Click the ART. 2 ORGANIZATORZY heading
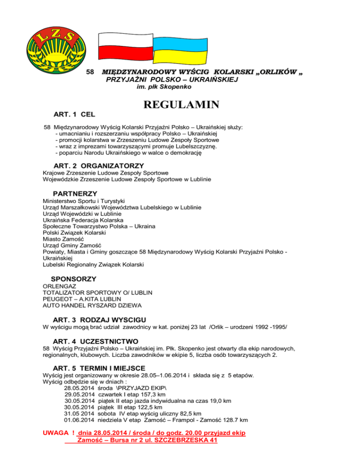[x=98, y=165]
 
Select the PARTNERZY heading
[x=75, y=193]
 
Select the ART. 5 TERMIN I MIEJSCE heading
[x=100, y=368]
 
